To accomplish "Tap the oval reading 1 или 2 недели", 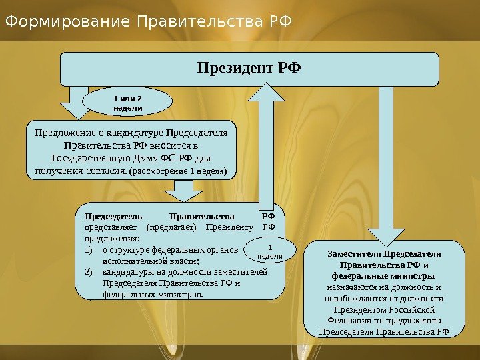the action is click(127, 102).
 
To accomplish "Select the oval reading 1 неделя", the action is click(270, 251).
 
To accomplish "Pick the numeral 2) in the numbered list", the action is click(90, 272).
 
